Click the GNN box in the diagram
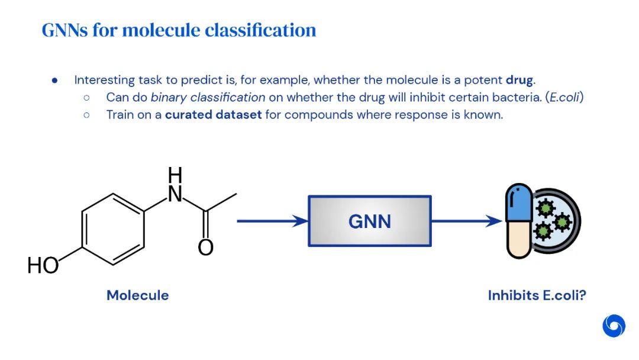click(370, 221)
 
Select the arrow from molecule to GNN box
click(272, 221)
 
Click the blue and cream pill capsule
click(518, 221)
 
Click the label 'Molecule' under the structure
click(137, 295)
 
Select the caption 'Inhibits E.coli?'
click(537, 295)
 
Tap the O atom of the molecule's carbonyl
click(205, 247)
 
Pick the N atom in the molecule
click(175, 194)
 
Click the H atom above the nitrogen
click(175, 175)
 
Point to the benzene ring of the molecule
click(112, 228)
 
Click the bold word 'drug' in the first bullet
click(520, 79)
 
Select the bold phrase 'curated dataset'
click(213, 114)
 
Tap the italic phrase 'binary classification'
click(208, 97)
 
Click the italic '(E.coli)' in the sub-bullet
click(566, 97)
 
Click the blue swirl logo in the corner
click(614, 326)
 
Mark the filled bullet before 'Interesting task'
click(54, 80)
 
